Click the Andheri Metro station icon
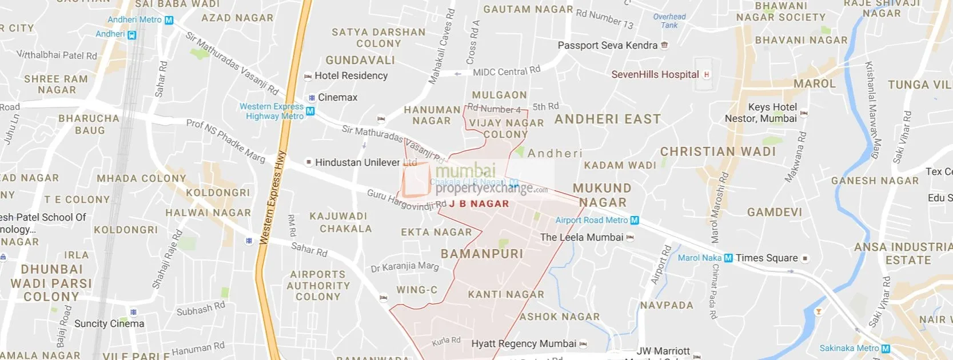169,20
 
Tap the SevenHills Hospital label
655,74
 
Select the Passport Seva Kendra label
607,45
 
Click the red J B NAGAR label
479,203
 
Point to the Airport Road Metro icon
634,220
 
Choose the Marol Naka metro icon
728,258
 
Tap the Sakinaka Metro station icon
886,348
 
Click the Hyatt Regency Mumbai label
524,343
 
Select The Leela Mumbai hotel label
581,237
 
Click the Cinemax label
337,97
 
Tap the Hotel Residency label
350,75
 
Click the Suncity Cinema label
109,323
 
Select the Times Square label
766,258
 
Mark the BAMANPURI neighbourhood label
482,254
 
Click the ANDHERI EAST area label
608,119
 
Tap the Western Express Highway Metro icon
310,111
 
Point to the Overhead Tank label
669,21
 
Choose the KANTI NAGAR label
506,294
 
